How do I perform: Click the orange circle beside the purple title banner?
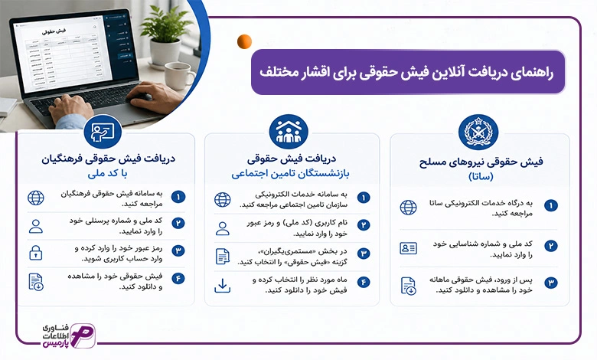pos(244,41)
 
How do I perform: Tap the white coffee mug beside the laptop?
pos(179,75)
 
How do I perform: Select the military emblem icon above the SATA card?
pos(478,132)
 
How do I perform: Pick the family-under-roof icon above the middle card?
pos(289,132)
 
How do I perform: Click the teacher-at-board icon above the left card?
pos(103,132)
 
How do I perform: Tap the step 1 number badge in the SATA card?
pos(550,206)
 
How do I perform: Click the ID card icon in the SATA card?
pos(408,248)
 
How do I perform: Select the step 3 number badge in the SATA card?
pos(550,283)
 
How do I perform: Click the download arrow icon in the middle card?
pos(223,286)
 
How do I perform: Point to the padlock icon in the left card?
pos(36,253)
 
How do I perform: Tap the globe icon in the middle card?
pos(223,199)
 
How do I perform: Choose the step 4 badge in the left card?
pos(178,279)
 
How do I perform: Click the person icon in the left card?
pos(36,226)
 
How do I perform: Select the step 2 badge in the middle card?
pos(364,225)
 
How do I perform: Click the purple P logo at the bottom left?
pos(82,335)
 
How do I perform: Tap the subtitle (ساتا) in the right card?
pos(481,176)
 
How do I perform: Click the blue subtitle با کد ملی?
pos(107,174)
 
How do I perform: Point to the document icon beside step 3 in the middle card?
pos(223,257)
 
